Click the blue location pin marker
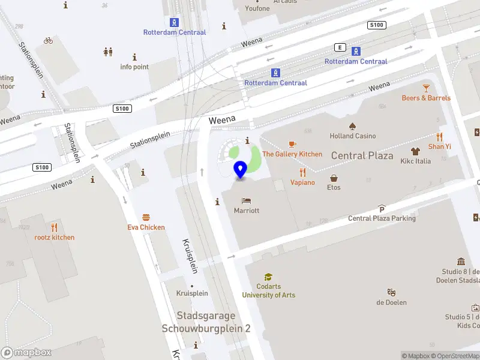pos(241,170)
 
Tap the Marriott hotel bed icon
pos(247,200)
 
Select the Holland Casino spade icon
pos(353,126)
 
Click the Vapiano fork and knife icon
pos(302,172)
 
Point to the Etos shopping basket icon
pos(334,178)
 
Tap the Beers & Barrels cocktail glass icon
pos(426,88)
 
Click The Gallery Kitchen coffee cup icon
pos(292,144)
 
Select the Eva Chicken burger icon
pos(146,217)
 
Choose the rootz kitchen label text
pos(55,237)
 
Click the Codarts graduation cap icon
pos(268,277)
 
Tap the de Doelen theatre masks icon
pos(391,292)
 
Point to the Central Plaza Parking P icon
pos(382,209)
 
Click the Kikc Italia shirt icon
pos(415,151)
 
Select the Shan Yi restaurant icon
pos(439,136)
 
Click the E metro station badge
pos(341,47)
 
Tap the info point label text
pos(134,67)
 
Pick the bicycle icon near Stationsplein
pos(48,41)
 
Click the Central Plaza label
pos(362,156)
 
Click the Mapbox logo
pos(26,353)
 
